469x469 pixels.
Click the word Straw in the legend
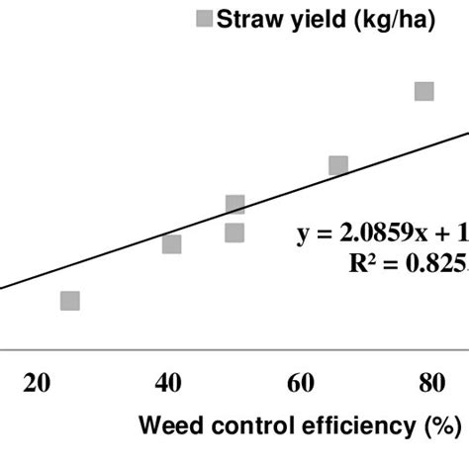(x=251, y=19)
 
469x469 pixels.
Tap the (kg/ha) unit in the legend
(x=397, y=20)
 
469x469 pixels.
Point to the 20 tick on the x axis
(x=39, y=384)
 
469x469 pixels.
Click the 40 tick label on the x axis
(x=169, y=384)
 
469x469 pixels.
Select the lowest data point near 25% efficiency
(x=69, y=301)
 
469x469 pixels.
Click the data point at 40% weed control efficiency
(x=171, y=244)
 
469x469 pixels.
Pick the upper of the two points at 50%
(x=234, y=205)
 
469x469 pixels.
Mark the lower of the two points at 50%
(x=234, y=234)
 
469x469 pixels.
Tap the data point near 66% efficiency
(x=338, y=165)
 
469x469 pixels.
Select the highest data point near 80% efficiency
(x=424, y=91)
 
